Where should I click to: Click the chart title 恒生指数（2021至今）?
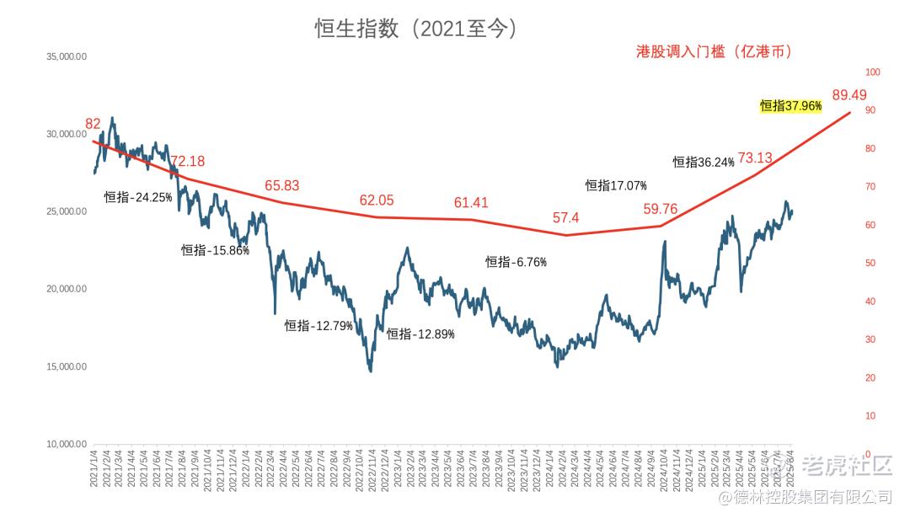tap(416, 29)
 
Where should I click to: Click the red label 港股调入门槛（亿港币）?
tap(714, 51)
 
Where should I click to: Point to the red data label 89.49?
tap(849, 95)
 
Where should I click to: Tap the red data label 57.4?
tap(566, 218)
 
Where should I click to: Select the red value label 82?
tap(93, 124)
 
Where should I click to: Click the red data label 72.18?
tap(187, 161)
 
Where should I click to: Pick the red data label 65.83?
tap(281, 185)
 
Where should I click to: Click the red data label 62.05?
tap(377, 200)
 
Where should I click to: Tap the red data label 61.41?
tap(471, 202)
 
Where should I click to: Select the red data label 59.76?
tap(661, 209)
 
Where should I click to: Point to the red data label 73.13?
tap(755, 158)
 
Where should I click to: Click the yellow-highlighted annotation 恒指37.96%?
tap(790, 106)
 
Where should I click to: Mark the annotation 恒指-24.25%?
tap(138, 197)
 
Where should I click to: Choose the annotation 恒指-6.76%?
tap(516, 262)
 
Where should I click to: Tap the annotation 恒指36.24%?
tap(704, 163)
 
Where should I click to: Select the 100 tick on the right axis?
tap(873, 72)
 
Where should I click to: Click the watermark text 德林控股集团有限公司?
tap(816, 497)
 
